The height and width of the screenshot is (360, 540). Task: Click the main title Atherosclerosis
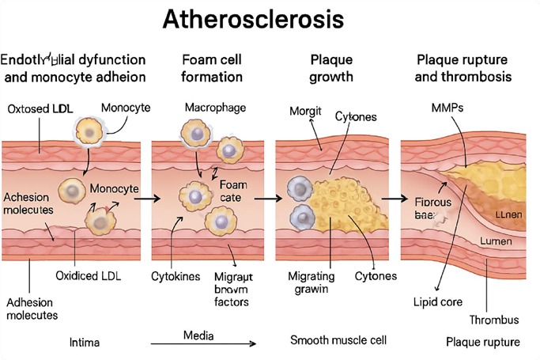pos(270,20)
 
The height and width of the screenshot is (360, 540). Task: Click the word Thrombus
pos(493,320)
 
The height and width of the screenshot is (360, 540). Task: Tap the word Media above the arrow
pos(198,335)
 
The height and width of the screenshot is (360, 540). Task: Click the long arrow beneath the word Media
pos(203,344)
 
